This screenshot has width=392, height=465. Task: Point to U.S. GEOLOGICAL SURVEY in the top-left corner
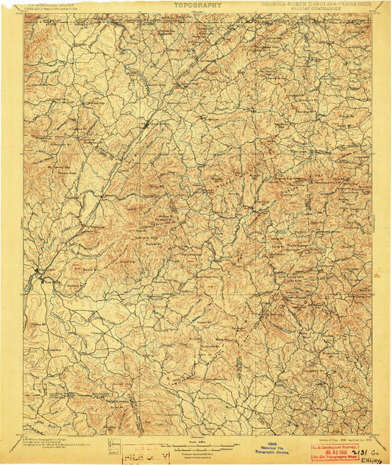click(51, 4)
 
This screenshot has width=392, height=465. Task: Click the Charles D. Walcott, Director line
click(51, 10)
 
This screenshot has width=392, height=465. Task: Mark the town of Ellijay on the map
click(37, 280)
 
